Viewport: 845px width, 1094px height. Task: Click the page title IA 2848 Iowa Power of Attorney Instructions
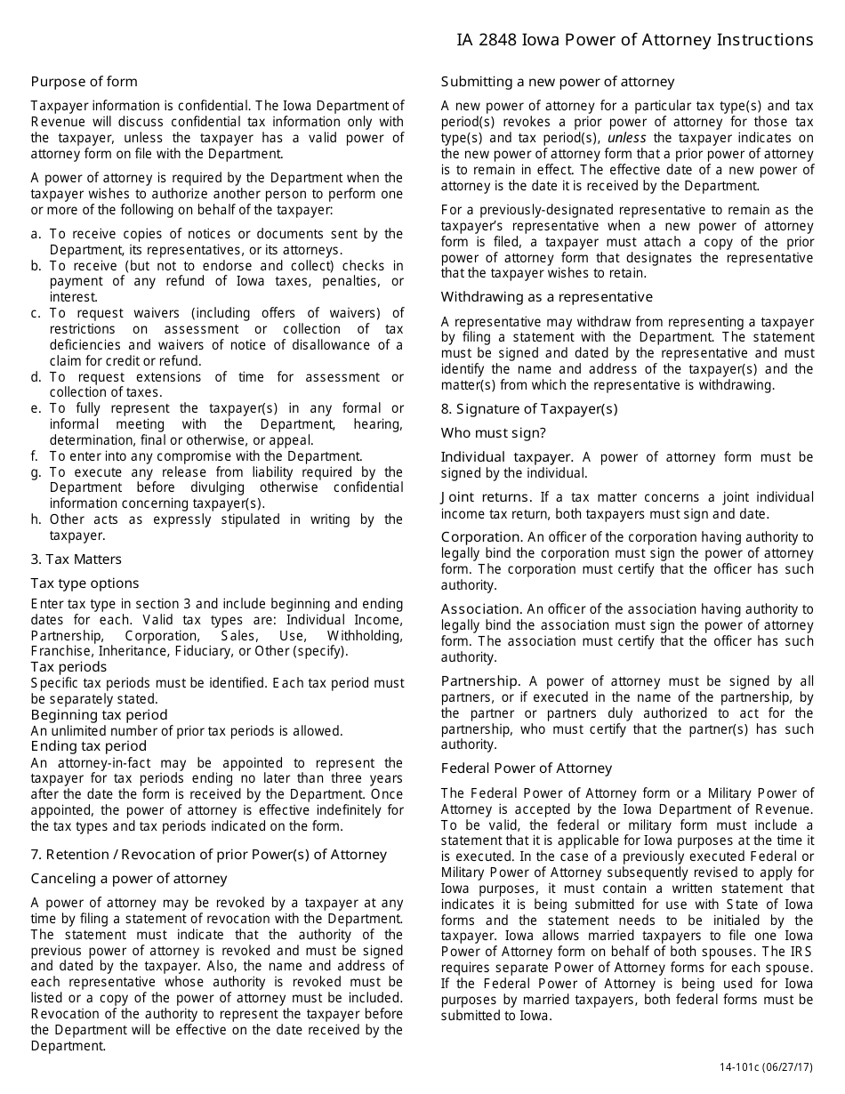point(634,40)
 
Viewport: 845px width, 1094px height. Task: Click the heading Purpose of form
point(84,82)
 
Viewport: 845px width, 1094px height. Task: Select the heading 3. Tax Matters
point(76,559)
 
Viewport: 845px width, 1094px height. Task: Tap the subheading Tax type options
point(84,583)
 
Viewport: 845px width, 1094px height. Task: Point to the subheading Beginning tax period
point(99,715)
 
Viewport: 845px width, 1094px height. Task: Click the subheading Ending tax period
point(88,746)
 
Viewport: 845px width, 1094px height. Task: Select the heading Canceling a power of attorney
point(129,879)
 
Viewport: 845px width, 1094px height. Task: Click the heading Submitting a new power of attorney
point(558,82)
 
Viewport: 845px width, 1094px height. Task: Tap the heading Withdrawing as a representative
point(546,297)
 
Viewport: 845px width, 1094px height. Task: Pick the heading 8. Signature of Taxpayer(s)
point(529,409)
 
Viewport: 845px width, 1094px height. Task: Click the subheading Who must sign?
point(494,433)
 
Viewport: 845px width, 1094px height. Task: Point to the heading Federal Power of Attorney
point(527,768)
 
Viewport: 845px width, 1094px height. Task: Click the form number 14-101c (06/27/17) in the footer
point(766,1067)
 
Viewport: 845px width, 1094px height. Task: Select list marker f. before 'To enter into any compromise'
point(36,456)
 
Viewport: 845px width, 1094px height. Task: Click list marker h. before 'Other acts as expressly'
point(36,519)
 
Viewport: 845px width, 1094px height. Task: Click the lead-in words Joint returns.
point(485,498)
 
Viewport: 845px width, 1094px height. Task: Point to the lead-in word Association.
point(481,609)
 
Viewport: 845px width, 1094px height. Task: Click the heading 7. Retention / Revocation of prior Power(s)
point(209,855)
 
